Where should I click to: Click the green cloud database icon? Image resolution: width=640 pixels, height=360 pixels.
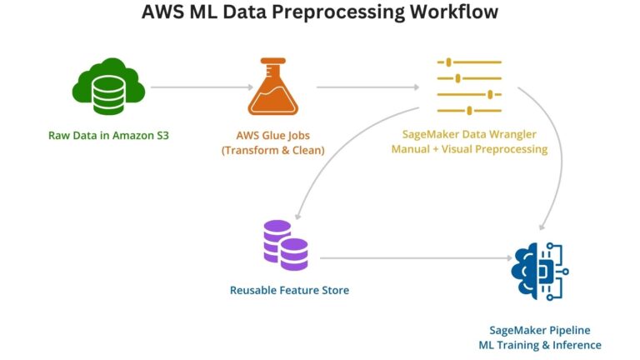point(109,87)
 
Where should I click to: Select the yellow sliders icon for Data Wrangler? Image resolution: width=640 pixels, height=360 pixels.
point(469,86)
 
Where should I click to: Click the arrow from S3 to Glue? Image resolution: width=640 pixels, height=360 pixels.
point(201,87)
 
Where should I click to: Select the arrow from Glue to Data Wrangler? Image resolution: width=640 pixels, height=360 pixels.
point(367,87)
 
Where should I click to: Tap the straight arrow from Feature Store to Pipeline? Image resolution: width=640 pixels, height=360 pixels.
point(412,258)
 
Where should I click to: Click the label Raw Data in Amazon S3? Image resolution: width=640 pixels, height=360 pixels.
point(109,134)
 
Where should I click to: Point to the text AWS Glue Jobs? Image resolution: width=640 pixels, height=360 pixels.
point(272,134)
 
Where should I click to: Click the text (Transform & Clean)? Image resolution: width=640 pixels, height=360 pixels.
point(272,150)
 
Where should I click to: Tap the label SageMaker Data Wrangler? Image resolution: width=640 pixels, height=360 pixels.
point(469,134)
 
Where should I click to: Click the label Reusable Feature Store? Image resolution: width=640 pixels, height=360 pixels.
point(289,290)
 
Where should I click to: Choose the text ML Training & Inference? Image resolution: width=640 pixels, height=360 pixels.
point(539,345)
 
